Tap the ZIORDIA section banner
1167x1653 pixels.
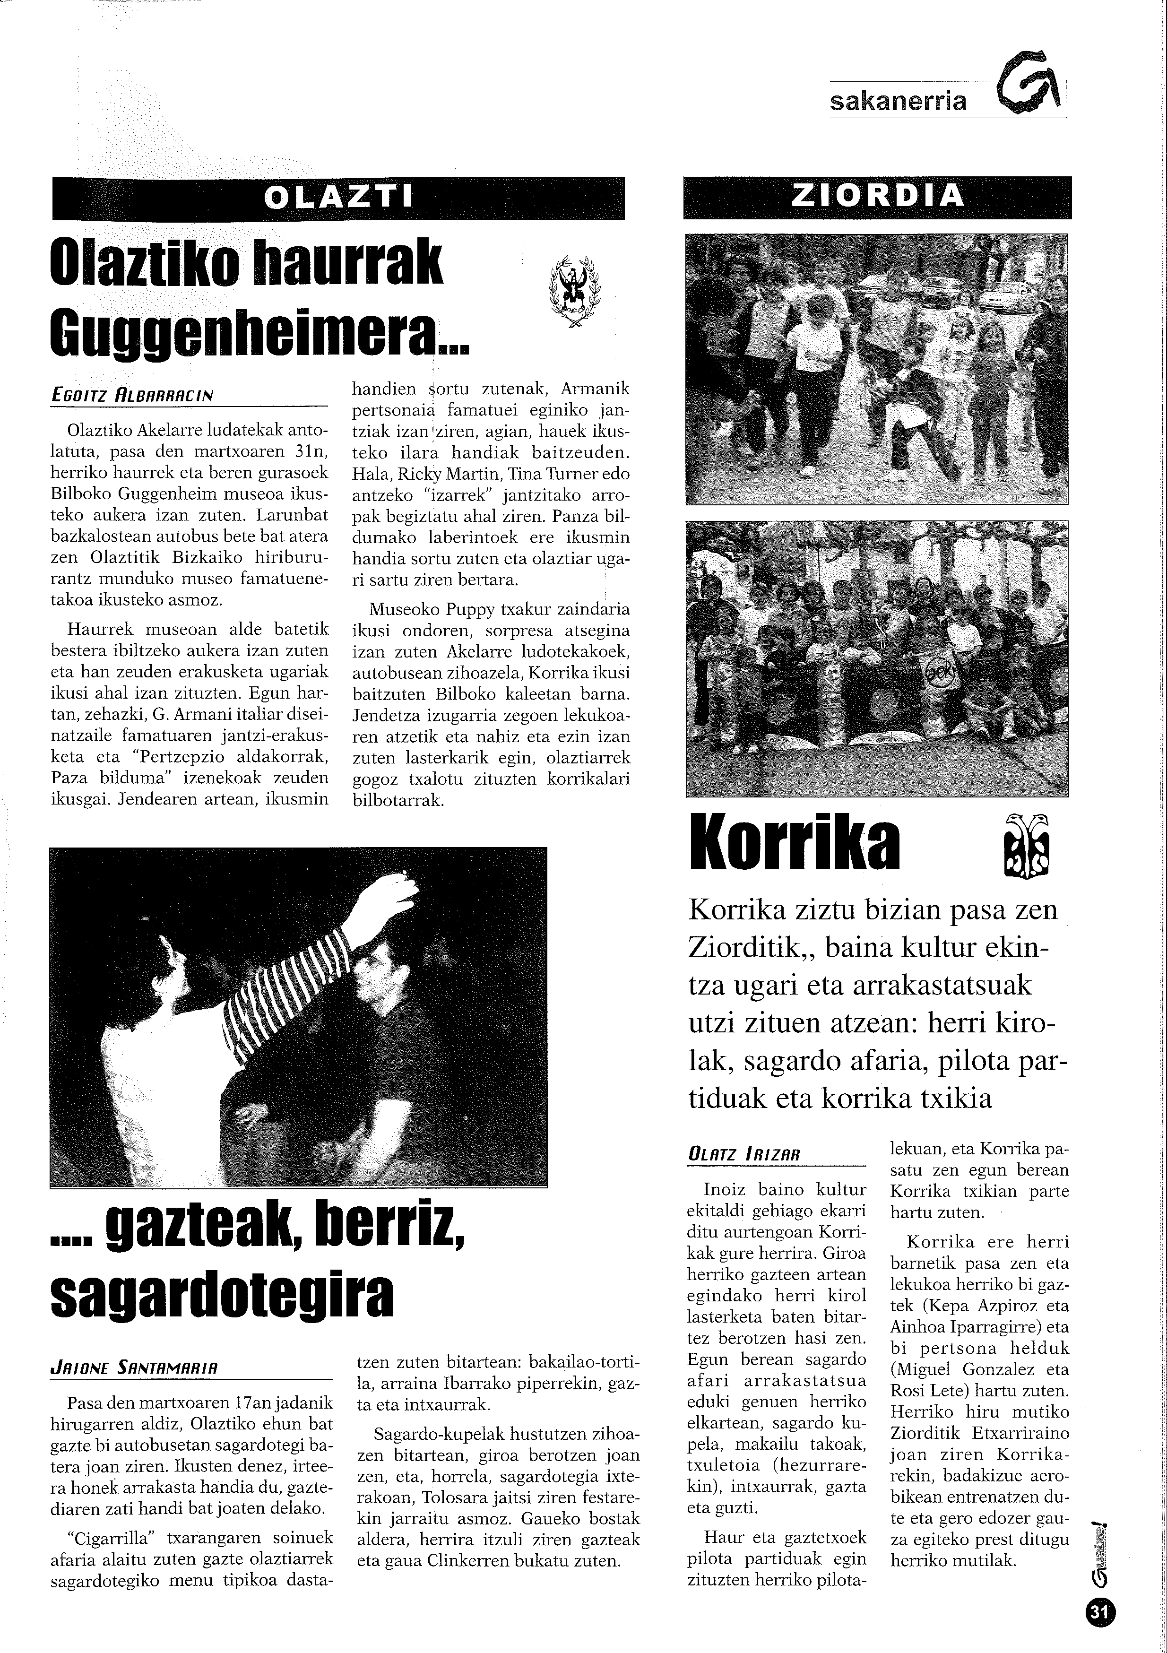coord(877,197)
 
